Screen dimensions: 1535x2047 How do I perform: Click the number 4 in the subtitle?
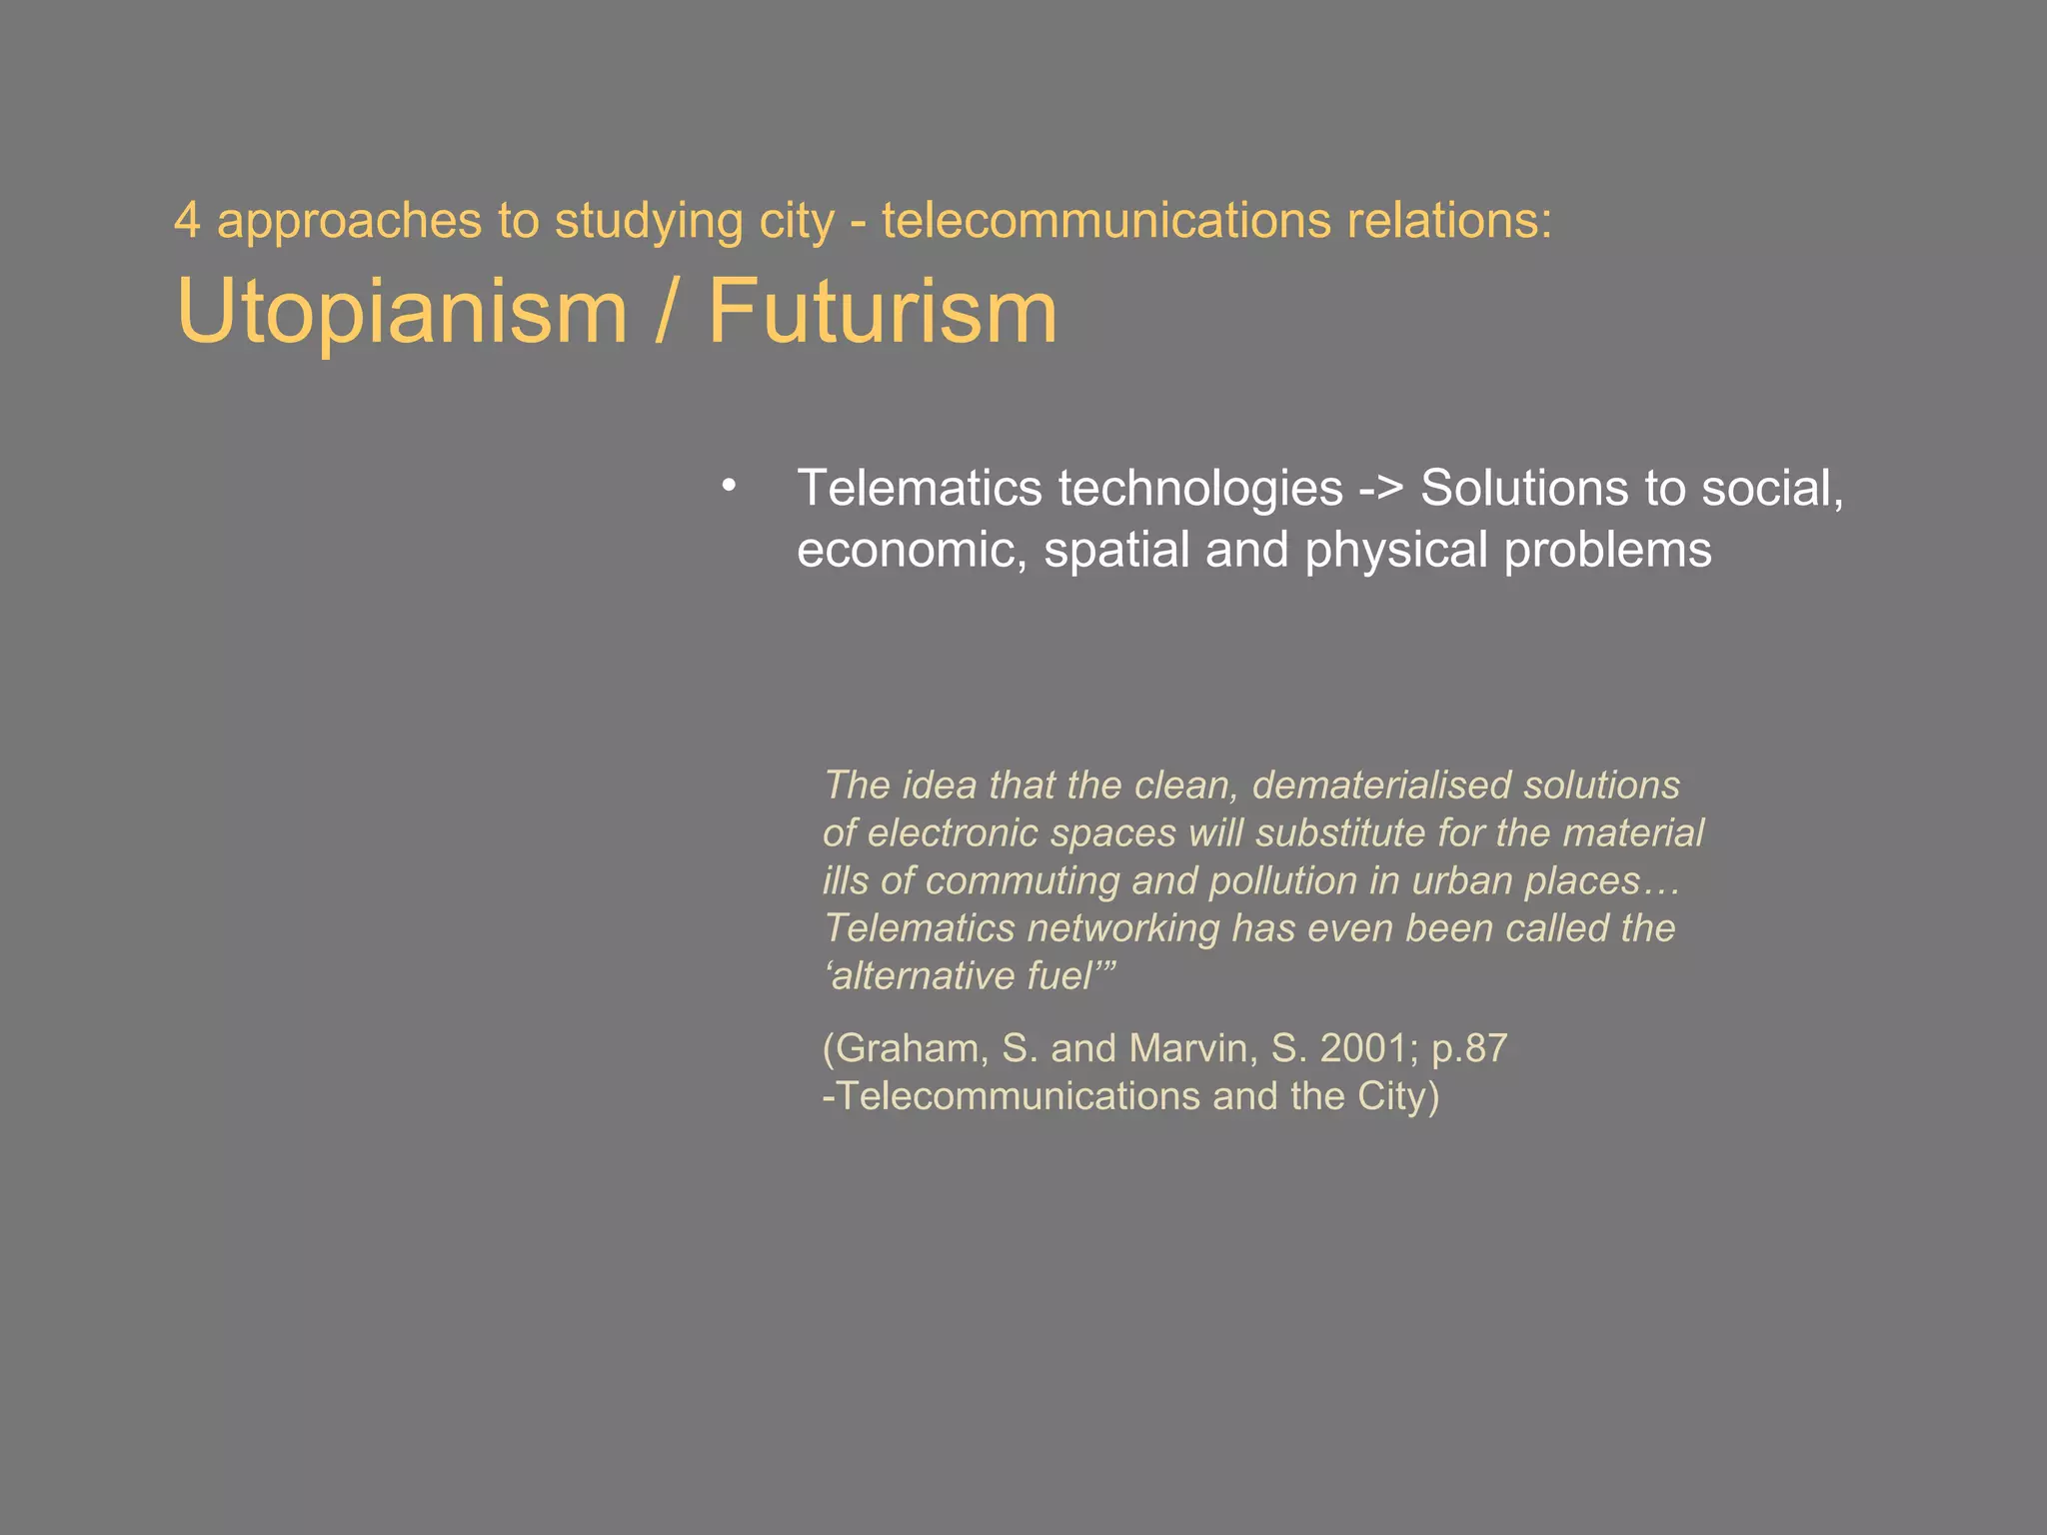point(186,221)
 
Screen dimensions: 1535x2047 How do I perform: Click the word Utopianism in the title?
point(401,312)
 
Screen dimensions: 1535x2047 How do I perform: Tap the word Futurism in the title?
point(883,312)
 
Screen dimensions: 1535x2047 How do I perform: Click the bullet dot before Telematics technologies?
point(729,487)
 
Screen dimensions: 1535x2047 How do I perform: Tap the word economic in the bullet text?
point(912,551)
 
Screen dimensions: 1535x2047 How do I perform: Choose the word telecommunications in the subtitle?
point(1106,221)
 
